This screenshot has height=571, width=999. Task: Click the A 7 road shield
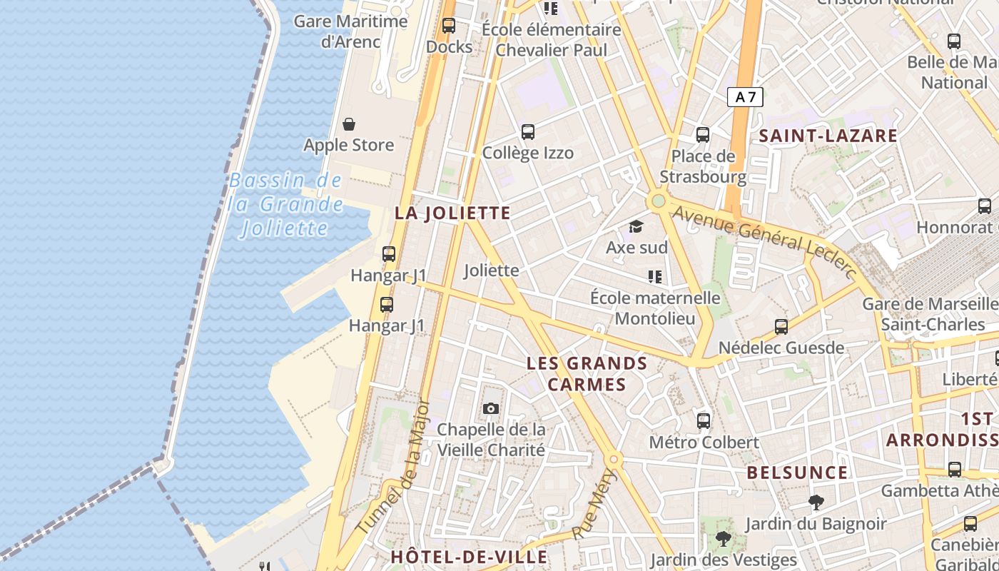coord(745,97)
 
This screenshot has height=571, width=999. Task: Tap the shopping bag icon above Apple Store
coord(349,125)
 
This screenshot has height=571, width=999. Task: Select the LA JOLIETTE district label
coord(452,213)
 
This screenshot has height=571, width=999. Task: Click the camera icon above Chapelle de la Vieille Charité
coord(490,408)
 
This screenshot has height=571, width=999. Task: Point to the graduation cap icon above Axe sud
coord(636,227)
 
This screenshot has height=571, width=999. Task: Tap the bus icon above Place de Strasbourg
coord(703,134)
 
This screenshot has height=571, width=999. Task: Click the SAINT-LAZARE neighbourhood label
coord(828,136)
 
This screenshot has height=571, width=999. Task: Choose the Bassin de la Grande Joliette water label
coord(285,205)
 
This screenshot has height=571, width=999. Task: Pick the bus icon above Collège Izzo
coord(528,132)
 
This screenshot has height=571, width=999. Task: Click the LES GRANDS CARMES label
coord(587,374)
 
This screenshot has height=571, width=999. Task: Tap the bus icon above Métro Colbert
coord(704,421)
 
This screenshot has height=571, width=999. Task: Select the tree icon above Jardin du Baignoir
coord(816,502)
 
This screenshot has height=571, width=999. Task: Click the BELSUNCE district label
coord(797,473)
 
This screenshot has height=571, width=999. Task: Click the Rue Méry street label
coord(593,504)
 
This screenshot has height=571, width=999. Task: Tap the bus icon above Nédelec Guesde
coord(781,327)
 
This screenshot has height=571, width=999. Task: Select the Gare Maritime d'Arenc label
coord(350,31)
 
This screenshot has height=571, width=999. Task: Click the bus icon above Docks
coord(449,26)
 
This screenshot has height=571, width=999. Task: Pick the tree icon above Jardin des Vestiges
coord(723,538)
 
